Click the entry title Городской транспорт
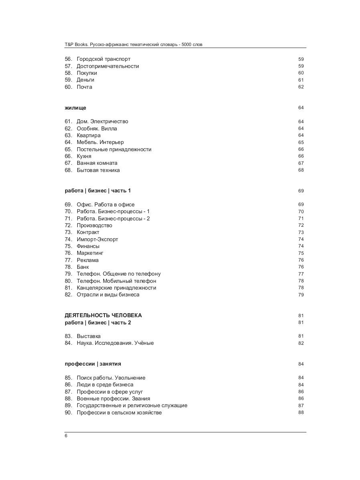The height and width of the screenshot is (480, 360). tap(103, 59)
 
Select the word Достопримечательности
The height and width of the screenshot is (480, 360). tap(108, 66)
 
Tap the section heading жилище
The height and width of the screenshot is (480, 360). tap(75, 108)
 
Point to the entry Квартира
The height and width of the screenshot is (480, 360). tap(88, 136)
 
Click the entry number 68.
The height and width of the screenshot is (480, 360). tap(68, 170)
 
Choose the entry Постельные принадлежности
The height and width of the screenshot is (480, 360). tap(114, 150)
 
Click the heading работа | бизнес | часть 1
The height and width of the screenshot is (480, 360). tap(98, 191)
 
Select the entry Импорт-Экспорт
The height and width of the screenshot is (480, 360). tap(97, 240)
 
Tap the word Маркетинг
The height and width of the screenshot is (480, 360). tap(90, 253)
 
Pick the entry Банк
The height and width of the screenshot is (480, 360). tap(83, 267)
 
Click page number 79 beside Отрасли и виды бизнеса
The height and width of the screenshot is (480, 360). tap(301, 295)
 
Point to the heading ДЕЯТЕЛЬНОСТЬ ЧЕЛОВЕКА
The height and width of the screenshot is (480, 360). tap(103, 316)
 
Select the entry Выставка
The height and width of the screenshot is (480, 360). tap(88, 336)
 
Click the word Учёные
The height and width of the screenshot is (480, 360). tap(144, 343)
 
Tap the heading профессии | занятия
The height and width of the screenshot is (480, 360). tap(93, 364)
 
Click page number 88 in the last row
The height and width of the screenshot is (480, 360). tap(301, 413)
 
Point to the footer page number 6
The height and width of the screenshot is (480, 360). tap(66, 436)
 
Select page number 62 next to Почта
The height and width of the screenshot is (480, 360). tap(301, 87)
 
